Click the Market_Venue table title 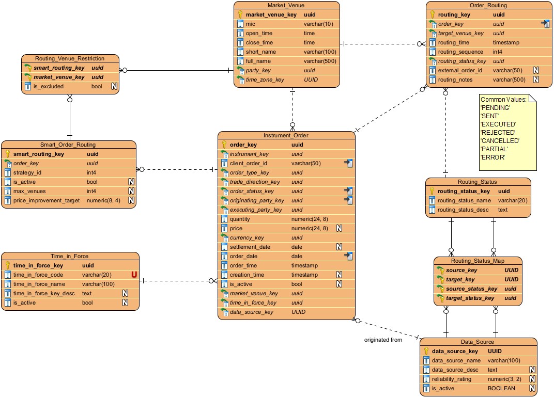point(286,5)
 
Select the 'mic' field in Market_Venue point(250,24)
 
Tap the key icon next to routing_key point(433,15)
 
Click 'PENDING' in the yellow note point(495,107)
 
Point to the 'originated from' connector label point(383,340)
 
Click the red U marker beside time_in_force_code point(134,275)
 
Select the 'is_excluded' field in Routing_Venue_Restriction point(48,86)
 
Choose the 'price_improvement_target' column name point(47,200)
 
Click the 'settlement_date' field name point(250,247)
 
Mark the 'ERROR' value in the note point(492,157)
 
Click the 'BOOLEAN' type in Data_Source point(501,388)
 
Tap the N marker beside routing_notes point(536,79)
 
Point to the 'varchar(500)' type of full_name point(320,61)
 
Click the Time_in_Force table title point(70,256)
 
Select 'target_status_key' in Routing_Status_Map point(470,298)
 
